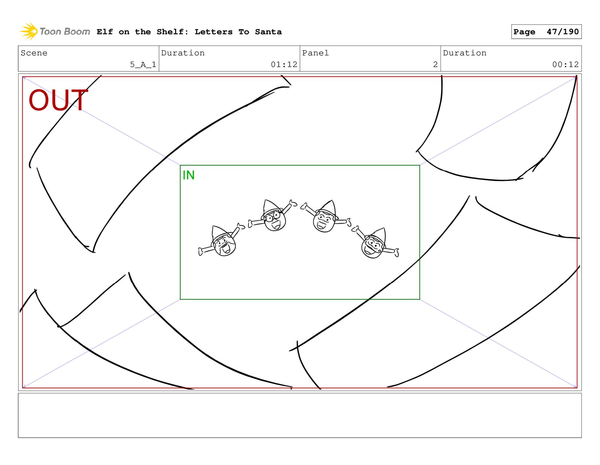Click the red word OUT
(x=58, y=100)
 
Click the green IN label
(x=189, y=175)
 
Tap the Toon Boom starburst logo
(x=28, y=31)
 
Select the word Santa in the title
(x=268, y=32)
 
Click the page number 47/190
(x=562, y=31)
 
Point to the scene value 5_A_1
(x=143, y=65)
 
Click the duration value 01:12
(x=284, y=65)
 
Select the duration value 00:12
(x=565, y=65)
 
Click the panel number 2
(x=435, y=65)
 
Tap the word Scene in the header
(x=34, y=53)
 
